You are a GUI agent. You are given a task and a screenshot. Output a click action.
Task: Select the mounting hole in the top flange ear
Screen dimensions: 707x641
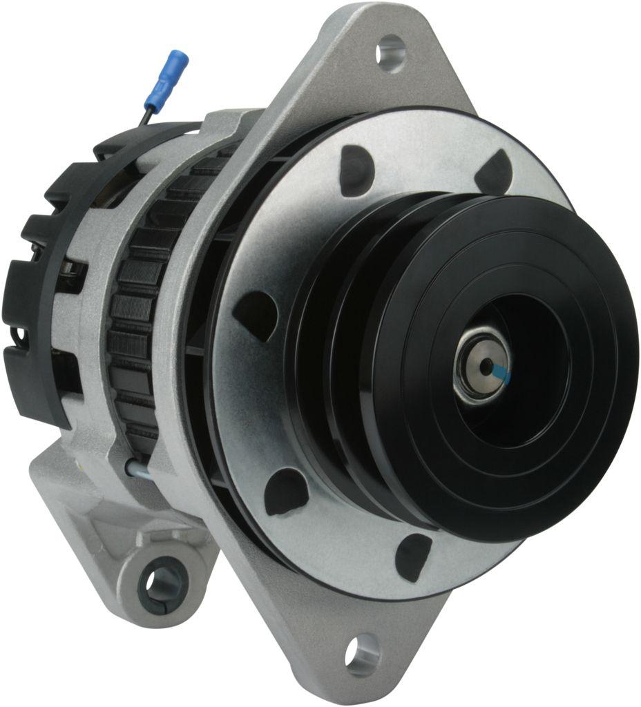pos(391,54)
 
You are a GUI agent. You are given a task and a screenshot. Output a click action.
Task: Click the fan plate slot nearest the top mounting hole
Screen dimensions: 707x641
pos(356,168)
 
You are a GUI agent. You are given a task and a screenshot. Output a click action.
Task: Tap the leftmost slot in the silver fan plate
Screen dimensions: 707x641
pos(254,314)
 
